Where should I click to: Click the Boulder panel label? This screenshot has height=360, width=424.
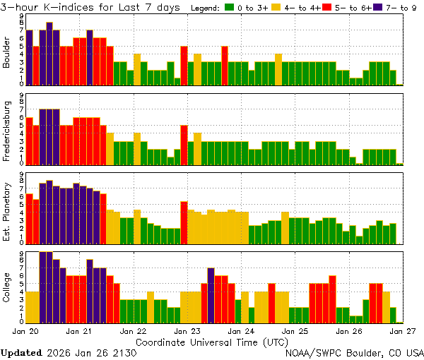click(x=7, y=54)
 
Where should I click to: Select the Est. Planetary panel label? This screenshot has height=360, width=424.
click(x=7, y=212)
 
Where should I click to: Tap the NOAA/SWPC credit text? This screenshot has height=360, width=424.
click(x=354, y=352)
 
